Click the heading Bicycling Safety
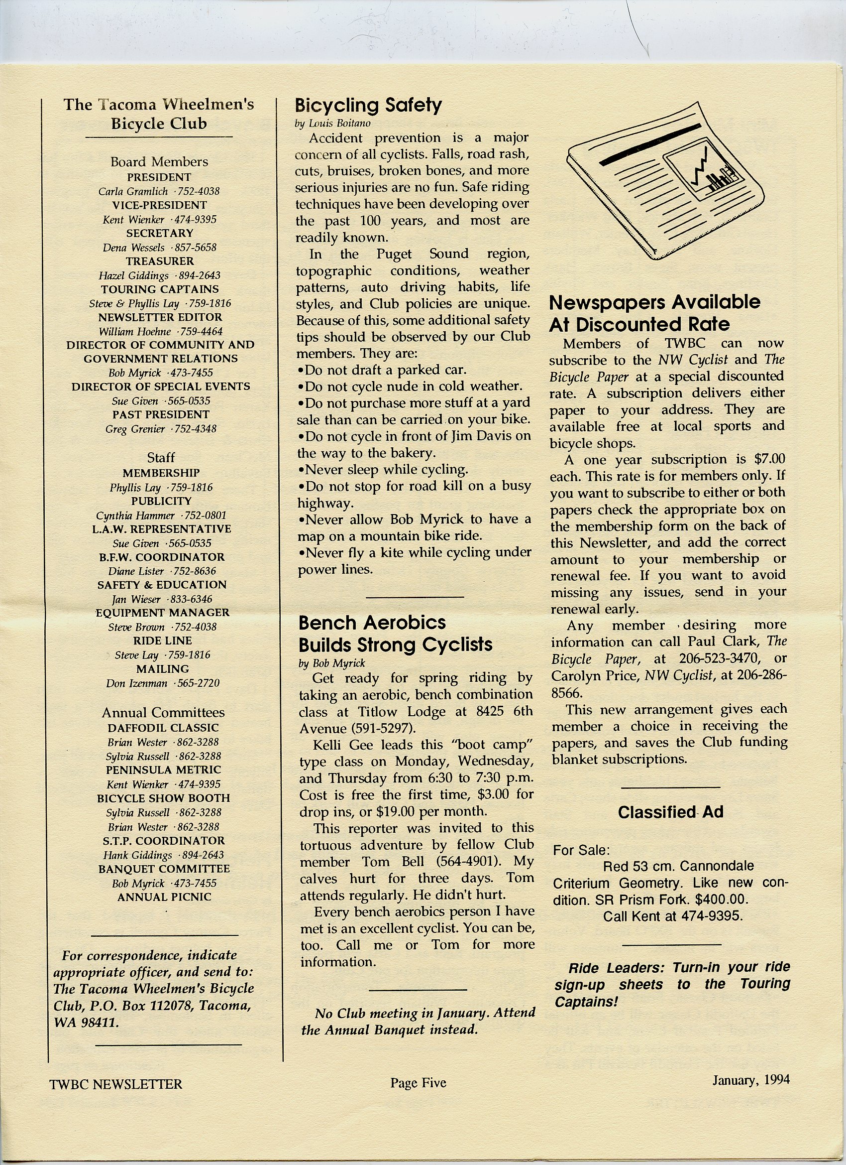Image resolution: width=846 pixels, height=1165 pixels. pos(368,105)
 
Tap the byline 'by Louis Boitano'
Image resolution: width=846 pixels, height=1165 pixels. pos(332,124)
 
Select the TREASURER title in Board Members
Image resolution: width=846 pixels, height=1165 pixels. pos(160,261)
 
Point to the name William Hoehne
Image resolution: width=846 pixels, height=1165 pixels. pos(135,331)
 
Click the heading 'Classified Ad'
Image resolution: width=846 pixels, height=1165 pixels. pos(670,812)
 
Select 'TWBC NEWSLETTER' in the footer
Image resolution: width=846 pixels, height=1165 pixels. pos(115,1084)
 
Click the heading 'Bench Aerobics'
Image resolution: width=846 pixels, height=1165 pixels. pos(372,623)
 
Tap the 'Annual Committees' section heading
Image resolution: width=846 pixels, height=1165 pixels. pos(163,712)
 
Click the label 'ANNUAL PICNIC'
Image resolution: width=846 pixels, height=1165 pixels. pos(164,897)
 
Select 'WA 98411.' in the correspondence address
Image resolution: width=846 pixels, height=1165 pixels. pos(86,1022)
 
